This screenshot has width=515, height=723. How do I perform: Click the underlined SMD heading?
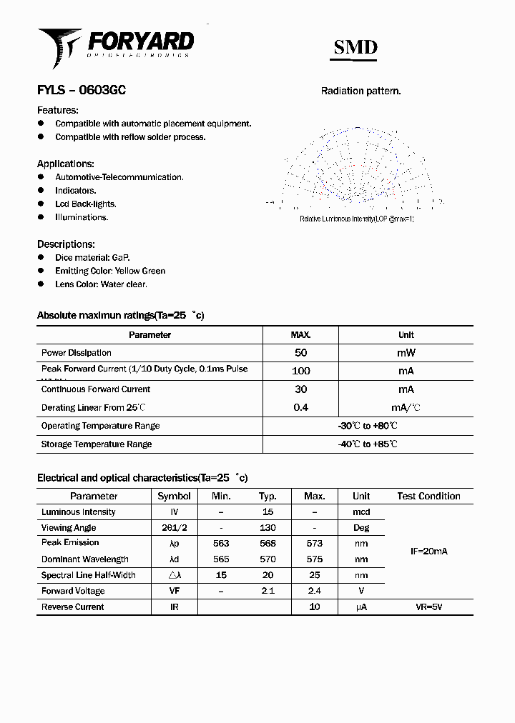355,48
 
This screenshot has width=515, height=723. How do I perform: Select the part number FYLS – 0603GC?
82,91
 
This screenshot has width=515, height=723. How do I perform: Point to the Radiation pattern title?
360,91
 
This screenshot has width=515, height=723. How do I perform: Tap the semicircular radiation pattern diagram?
355,168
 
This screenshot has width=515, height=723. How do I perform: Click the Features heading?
57,110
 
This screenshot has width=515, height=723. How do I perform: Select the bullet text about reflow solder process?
130,137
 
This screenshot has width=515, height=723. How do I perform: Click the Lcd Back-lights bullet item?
85,204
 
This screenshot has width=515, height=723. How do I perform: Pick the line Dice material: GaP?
92,257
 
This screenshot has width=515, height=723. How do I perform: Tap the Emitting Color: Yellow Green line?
110,271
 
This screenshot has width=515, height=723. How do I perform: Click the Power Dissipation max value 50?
300,353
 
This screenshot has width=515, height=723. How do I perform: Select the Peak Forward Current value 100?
300,371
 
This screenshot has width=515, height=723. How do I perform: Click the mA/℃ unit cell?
406,408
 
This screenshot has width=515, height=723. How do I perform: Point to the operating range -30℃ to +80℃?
368,426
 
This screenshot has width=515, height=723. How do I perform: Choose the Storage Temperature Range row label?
97,444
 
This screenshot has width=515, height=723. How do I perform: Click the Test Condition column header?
428,496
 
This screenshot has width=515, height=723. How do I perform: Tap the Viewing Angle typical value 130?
268,528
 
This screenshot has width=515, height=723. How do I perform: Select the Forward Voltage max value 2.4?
314,591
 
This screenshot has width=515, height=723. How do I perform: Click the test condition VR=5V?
428,607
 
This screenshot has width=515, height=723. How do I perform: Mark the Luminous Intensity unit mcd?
361,512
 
